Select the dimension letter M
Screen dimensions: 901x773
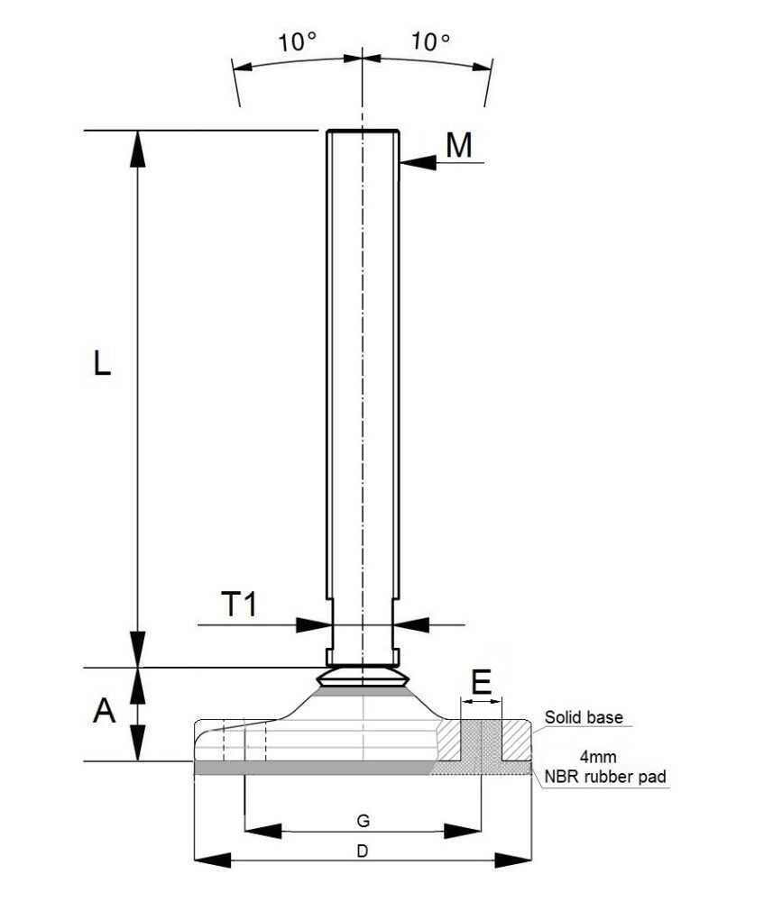coord(459,145)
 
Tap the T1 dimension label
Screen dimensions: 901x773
coord(240,605)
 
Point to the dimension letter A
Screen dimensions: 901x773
coord(105,712)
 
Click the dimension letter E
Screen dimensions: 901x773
coord(482,682)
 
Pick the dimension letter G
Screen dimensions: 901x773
coord(362,820)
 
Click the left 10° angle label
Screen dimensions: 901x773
coord(298,41)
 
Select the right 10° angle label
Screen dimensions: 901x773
coord(430,41)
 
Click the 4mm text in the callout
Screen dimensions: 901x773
coord(600,758)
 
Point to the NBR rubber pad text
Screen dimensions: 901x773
coord(604,775)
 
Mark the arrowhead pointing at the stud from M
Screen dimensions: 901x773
coord(411,163)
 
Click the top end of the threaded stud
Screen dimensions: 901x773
coord(362,132)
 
